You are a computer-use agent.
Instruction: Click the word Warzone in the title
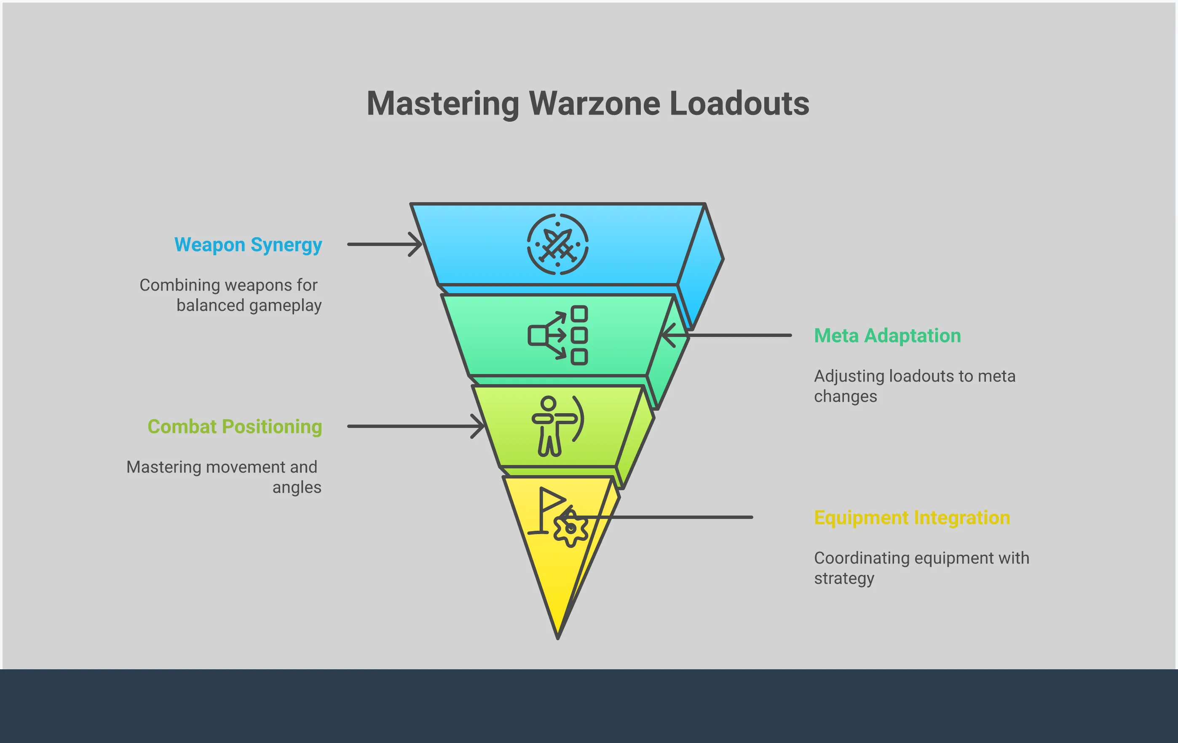(594, 104)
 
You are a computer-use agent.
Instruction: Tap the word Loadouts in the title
(739, 104)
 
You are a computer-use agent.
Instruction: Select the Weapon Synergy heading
(248, 245)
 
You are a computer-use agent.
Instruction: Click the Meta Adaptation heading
(887, 336)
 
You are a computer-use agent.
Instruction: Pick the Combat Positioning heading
(235, 427)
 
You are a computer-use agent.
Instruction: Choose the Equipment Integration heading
(912, 518)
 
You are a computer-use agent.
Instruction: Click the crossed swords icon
(558, 244)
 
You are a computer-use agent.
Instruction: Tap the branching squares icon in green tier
(558, 336)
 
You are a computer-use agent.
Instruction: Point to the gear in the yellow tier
(570, 529)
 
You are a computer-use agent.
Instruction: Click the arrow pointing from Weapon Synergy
(384, 244)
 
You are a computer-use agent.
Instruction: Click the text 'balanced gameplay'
(249, 305)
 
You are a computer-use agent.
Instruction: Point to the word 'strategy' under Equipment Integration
(844, 579)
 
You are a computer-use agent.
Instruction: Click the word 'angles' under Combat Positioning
(297, 487)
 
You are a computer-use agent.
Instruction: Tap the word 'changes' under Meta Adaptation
(845, 396)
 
